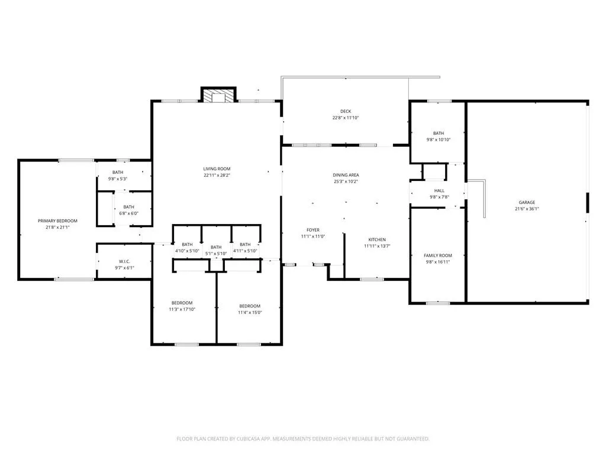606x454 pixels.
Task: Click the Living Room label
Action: pyautogui.click(x=217, y=168)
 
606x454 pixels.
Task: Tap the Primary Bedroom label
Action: pyautogui.click(x=57, y=221)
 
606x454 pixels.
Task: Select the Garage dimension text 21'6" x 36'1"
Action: pyautogui.click(x=527, y=209)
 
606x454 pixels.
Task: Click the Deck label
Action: pyautogui.click(x=346, y=111)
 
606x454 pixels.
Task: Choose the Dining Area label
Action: pyautogui.click(x=346, y=175)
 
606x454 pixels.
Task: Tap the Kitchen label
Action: pyautogui.click(x=377, y=239)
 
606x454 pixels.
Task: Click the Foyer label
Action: pyautogui.click(x=313, y=230)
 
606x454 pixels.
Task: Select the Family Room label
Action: pyautogui.click(x=438, y=255)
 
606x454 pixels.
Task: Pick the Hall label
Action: pyautogui.click(x=440, y=191)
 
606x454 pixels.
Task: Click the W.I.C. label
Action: pyautogui.click(x=124, y=262)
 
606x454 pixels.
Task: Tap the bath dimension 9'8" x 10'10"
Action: pyautogui.click(x=439, y=140)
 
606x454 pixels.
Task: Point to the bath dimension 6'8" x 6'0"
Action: pyautogui.click(x=128, y=213)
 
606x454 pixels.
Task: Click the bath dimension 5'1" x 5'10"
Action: pyautogui.click(x=216, y=254)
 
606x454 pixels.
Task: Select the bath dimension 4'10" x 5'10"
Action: pyautogui.click(x=187, y=251)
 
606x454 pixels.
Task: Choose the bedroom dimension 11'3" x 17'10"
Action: pyautogui.click(x=182, y=309)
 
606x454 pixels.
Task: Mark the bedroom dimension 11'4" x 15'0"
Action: pyautogui.click(x=250, y=312)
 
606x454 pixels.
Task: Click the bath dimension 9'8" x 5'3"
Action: pyautogui.click(x=118, y=179)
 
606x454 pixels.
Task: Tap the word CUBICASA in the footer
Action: pyautogui.click(x=248, y=439)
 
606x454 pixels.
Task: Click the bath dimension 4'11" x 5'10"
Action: pyautogui.click(x=245, y=251)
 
